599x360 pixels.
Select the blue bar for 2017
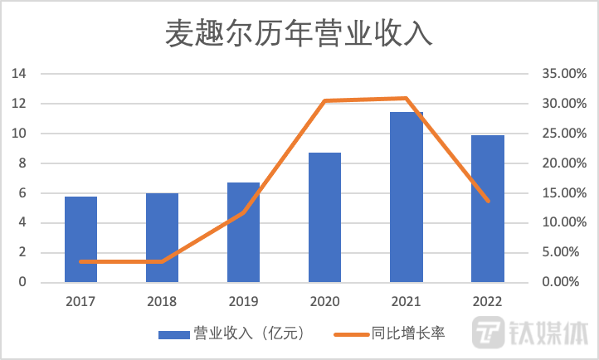point(80,240)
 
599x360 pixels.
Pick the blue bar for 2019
point(243,233)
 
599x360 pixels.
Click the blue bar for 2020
point(324,218)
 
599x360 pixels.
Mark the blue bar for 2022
point(487,209)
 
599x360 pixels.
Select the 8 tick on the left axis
point(23,163)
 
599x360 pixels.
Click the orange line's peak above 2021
point(406,98)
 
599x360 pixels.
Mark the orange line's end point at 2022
point(487,202)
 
